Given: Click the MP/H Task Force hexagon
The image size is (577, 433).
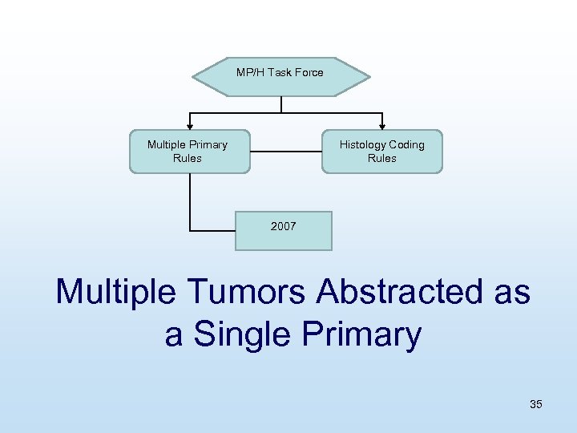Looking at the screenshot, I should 280,76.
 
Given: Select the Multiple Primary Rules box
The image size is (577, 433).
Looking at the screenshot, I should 189,152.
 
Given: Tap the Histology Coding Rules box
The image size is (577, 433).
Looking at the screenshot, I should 382,152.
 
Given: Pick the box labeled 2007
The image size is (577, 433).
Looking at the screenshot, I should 283,230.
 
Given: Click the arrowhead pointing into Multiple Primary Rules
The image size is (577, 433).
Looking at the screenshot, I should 190,125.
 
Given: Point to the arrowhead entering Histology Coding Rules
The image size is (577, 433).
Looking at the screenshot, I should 382,125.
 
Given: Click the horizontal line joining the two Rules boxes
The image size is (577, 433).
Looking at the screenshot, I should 285,151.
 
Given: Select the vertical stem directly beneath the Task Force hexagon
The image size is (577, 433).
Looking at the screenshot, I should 281,103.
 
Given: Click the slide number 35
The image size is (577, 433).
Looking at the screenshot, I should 535,404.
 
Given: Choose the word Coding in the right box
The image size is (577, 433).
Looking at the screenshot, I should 406,144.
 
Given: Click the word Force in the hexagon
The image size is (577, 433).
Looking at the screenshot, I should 308,72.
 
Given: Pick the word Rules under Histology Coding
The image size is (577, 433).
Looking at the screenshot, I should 382,158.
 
